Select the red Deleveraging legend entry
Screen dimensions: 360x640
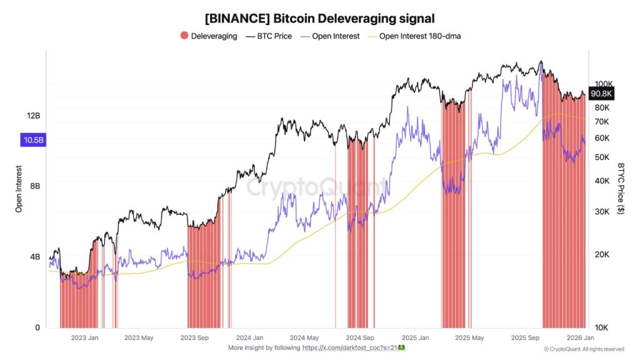click(209, 36)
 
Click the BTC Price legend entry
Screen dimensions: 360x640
click(269, 36)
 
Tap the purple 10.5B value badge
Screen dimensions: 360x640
click(34, 141)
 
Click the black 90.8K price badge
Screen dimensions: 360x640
click(602, 94)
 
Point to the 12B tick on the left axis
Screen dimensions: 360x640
click(34, 116)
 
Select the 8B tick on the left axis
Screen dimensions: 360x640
click(35, 186)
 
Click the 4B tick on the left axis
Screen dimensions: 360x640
click(35, 257)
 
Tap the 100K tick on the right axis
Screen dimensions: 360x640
click(603, 84)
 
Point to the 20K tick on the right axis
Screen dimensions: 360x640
click(601, 254)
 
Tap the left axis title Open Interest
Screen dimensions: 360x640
click(19, 189)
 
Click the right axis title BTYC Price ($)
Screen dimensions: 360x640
click(621, 189)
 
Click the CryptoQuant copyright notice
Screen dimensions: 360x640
click(583, 349)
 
